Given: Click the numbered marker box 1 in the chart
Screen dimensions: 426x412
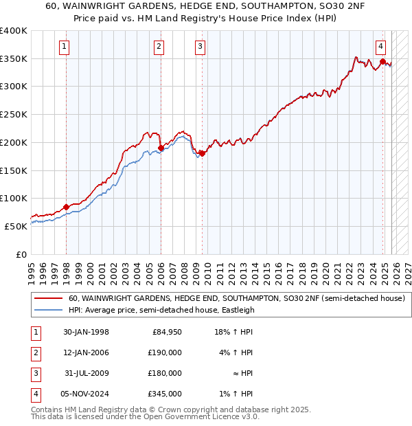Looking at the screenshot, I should (64, 47).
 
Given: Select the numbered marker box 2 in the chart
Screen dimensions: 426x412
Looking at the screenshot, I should (159, 47).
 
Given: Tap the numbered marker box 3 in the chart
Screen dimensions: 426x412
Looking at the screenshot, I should (200, 47).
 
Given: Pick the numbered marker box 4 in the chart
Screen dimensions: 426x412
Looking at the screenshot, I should (380, 47).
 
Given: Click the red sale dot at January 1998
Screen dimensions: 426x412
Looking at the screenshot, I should (67, 207).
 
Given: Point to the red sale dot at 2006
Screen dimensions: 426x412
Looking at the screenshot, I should (161, 148).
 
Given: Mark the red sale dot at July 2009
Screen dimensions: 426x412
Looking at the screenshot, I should (203, 153).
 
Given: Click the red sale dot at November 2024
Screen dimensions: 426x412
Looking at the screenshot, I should (382, 61).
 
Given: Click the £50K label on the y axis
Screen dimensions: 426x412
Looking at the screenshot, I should (16, 226).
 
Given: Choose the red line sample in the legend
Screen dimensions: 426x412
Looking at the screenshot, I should (49, 299).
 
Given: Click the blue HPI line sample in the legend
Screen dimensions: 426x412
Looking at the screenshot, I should (49, 310).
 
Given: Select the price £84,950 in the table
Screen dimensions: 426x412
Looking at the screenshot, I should (165, 333).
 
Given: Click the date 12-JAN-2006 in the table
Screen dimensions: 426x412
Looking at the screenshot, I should (86, 353).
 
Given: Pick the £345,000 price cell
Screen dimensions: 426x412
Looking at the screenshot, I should (165, 394).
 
